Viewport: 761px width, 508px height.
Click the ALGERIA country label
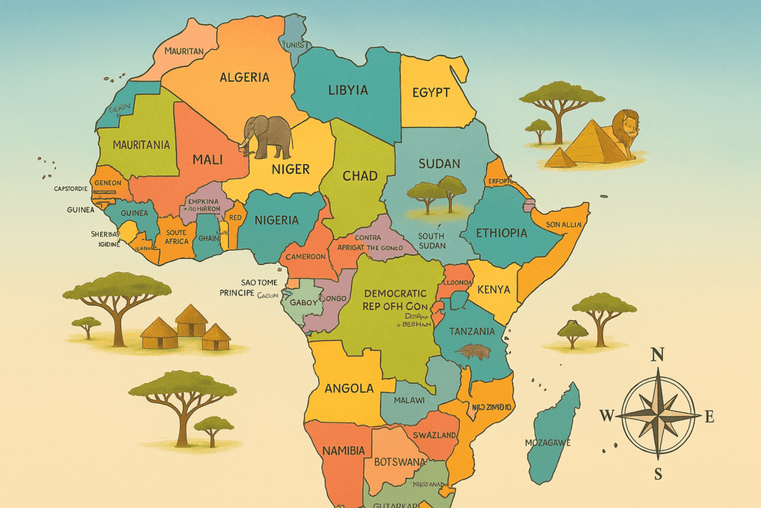click(245, 77)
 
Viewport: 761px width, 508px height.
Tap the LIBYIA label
click(348, 90)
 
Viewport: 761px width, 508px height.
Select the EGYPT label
click(431, 92)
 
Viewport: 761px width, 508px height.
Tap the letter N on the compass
click(657, 355)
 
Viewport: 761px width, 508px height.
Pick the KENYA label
click(493, 289)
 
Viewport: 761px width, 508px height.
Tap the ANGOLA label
click(349, 388)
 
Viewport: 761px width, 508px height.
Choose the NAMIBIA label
click(343, 451)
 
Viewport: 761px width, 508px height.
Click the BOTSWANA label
click(400, 462)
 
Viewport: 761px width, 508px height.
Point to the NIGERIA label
click(276, 220)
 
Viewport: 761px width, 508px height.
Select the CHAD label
click(360, 176)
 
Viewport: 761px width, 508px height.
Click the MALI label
click(207, 159)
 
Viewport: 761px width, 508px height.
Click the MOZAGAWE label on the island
click(548, 443)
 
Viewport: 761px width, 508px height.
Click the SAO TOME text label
click(259, 282)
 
